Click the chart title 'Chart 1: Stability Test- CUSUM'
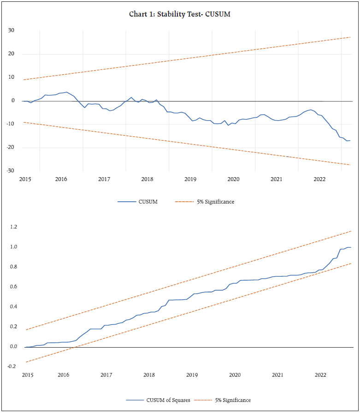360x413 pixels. (x=180, y=14)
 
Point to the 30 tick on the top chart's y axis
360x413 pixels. (x=11, y=31)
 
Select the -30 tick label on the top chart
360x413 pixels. (x=10, y=171)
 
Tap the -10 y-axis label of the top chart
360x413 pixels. (x=10, y=124)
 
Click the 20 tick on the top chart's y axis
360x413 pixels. (x=11, y=54)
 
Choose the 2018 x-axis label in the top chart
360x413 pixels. (x=147, y=179)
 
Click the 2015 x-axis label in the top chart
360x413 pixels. (x=25, y=179)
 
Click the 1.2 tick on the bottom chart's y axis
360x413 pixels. (x=12, y=227)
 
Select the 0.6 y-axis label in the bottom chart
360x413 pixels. (x=12, y=287)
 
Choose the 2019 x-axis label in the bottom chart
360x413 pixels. (x=192, y=375)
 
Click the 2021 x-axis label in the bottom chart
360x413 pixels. (x=277, y=375)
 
